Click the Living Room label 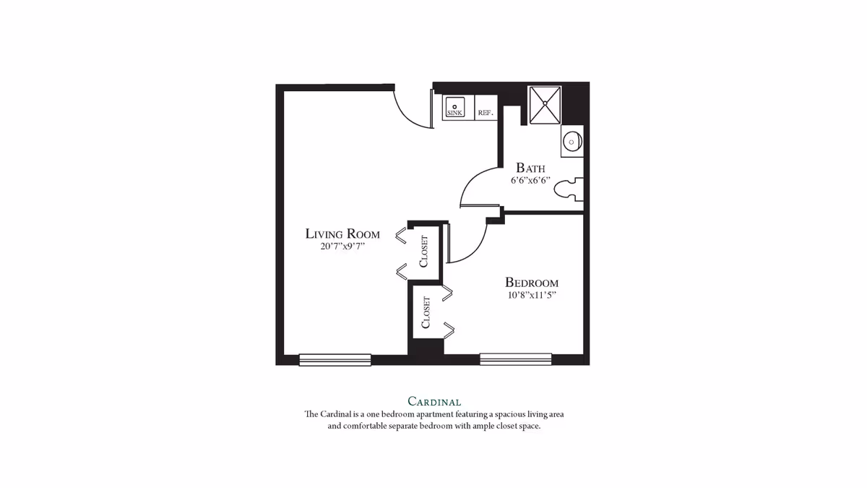tap(342, 234)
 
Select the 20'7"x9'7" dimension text tap(343, 247)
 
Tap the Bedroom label tap(531, 283)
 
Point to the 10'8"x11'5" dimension tap(531, 295)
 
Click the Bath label tap(530, 168)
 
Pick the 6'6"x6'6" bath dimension tap(530, 181)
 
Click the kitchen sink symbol tap(454, 107)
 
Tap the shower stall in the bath tap(545, 105)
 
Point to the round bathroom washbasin tap(572, 140)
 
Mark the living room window tap(335, 359)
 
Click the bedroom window tap(515, 359)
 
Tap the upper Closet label tap(424, 251)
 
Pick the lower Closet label tap(426, 312)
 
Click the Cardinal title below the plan tap(433, 401)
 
